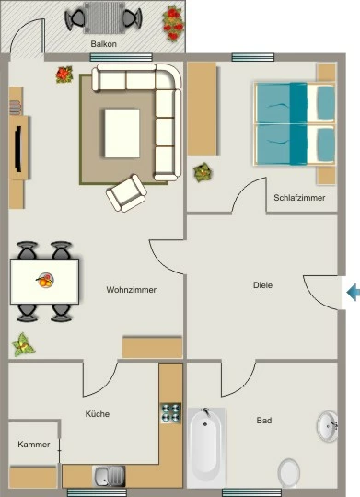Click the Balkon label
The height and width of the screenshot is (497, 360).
point(103,44)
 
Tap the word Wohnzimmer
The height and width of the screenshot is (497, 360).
point(132,290)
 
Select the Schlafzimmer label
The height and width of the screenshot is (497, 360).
point(299,198)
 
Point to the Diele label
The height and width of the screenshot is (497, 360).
point(262,285)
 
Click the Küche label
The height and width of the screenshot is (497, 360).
point(98,414)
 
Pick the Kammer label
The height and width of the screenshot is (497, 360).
point(34,445)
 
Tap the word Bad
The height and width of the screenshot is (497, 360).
point(264,421)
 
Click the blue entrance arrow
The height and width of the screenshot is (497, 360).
point(353,292)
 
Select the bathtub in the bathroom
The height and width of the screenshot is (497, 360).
point(206,447)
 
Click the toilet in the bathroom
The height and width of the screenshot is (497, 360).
point(288,473)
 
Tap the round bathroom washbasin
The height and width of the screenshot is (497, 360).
point(327,426)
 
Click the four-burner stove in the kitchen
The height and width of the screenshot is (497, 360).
point(170,412)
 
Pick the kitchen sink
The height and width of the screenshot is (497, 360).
point(109,476)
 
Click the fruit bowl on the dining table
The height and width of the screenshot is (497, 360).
point(45,281)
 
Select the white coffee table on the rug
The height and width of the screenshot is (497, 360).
point(122,133)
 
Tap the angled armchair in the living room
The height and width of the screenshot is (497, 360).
point(126,193)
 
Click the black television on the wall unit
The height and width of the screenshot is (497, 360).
point(18,149)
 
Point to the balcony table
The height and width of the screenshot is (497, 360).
point(104,17)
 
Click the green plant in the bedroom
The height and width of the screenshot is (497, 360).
point(203,173)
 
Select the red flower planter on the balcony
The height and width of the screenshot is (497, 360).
point(173,24)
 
